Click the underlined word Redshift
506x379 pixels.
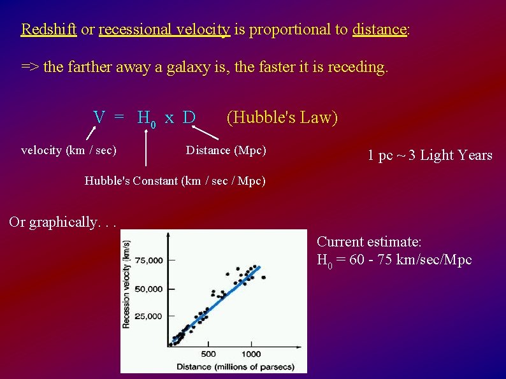pos(49,29)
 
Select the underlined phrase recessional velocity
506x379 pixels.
pos(164,29)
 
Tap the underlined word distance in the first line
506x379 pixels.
pos(379,29)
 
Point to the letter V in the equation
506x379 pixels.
pos(99,118)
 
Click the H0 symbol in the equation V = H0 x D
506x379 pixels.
pos(147,119)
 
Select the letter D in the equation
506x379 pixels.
pos(189,118)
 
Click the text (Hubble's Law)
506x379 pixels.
pos(282,118)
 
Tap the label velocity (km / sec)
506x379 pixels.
pos(69,150)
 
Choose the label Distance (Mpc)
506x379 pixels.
pos(226,150)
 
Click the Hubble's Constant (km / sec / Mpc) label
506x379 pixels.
pos(175,181)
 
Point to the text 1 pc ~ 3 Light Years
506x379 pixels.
pos(430,155)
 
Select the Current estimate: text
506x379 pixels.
pos(369,242)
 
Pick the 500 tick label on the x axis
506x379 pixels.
pos(208,354)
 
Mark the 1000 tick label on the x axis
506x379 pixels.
pos(250,354)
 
